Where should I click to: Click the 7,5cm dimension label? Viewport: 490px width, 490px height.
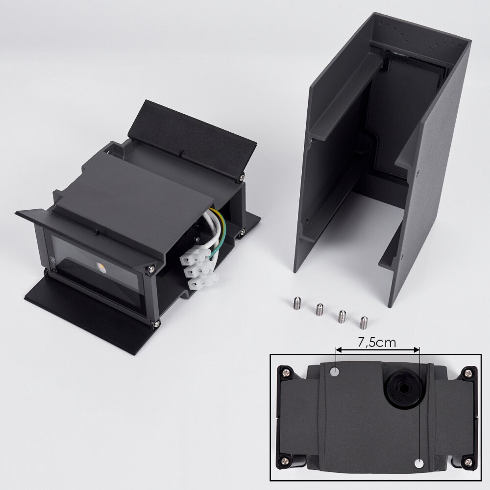(377, 343)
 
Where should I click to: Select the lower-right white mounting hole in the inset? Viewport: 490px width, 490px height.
(419, 463)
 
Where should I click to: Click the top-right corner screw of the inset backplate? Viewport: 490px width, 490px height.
(468, 372)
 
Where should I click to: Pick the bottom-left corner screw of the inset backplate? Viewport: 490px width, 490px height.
(286, 460)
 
